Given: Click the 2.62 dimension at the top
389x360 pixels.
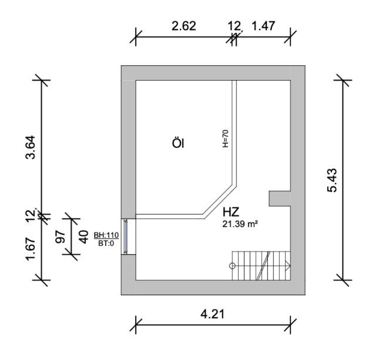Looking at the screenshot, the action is coord(183,26).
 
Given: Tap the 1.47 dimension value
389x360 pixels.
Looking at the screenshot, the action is coord(263,26).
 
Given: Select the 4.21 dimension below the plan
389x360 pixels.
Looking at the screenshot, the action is coord(213,314).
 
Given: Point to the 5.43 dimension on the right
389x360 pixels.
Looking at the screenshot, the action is coord(332,180).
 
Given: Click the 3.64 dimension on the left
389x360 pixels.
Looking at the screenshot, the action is coord(31,147).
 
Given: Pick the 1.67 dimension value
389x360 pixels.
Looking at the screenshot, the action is coord(31,249).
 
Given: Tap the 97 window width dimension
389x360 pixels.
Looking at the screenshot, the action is coord(61,237).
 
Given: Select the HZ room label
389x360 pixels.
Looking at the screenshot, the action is coord(231,212).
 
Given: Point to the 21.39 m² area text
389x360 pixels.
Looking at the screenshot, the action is coord(240,224).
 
